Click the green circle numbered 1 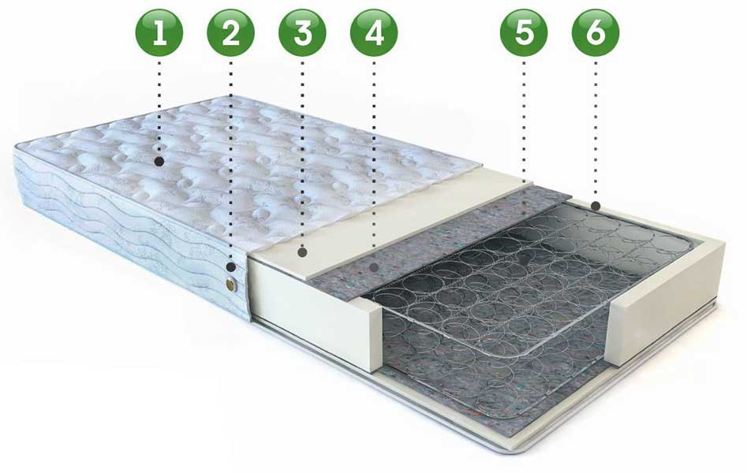(159, 33)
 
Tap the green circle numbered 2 (230, 33)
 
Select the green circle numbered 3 (303, 33)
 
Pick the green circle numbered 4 (374, 33)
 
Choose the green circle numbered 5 (524, 33)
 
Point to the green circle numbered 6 (596, 33)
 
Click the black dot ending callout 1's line (159, 162)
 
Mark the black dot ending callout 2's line (231, 266)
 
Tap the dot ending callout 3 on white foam (303, 252)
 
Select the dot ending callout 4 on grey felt (375, 267)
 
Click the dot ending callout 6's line (596, 206)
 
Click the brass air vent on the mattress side (232, 284)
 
